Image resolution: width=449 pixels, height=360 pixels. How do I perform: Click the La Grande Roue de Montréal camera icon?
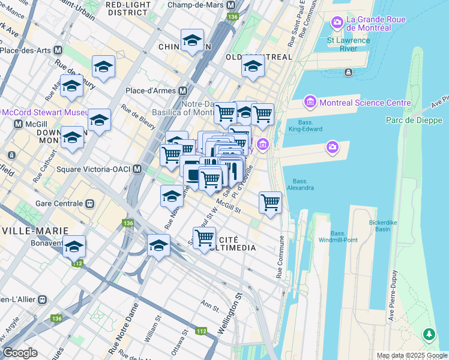click(x=337, y=23)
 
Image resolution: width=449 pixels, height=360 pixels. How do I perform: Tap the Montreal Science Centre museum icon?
click(x=310, y=103)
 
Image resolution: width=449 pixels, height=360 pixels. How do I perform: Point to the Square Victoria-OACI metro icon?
click(x=137, y=169)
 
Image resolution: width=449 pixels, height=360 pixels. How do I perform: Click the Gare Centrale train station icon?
click(x=91, y=203)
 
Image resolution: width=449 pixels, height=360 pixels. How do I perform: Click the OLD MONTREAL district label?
click(x=259, y=57)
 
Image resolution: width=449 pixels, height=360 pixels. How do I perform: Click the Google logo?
click(x=20, y=353)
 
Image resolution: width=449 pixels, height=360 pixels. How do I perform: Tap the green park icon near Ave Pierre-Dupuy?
click(x=429, y=334)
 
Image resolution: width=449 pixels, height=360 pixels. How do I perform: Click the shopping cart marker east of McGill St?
click(x=271, y=202)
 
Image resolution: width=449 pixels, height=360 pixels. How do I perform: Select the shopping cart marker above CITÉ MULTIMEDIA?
click(x=205, y=237)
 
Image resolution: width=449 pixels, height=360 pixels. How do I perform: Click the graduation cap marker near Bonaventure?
click(x=74, y=247)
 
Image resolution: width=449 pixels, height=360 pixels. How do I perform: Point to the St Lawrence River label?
click(x=348, y=45)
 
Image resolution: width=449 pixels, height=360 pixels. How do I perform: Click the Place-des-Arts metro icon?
click(x=58, y=50)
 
